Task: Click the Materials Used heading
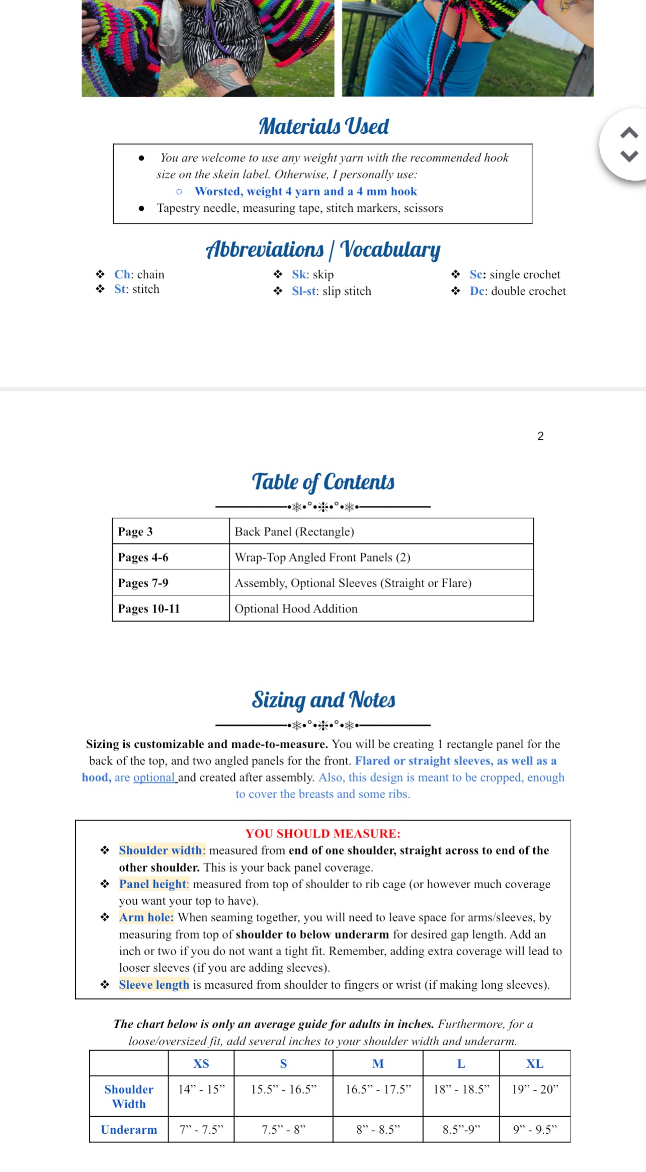[x=324, y=126]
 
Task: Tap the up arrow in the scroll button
[x=629, y=133]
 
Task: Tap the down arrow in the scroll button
[x=629, y=155]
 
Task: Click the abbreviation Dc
[x=477, y=291]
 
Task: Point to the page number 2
[x=540, y=436]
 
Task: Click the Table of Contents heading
[x=323, y=482]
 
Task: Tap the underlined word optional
[x=154, y=777]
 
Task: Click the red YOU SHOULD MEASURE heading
[x=322, y=833]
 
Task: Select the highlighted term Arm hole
[x=146, y=917]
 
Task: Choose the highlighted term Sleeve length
[x=154, y=984]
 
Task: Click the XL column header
[x=534, y=1063]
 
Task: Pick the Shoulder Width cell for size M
[x=378, y=1089]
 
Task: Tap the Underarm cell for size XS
[x=201, y=1130]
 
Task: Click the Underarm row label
[x=129, y=1130]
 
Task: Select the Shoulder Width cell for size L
[x=461, y=1089]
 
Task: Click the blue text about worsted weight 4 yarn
[x=305, y=191]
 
